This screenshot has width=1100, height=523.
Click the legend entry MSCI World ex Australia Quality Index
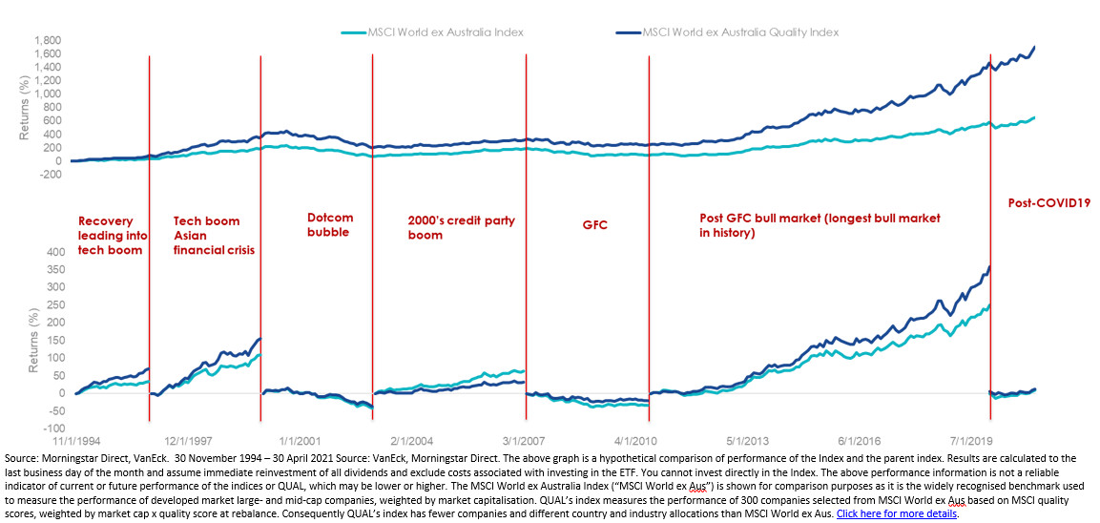(x=741, y=31)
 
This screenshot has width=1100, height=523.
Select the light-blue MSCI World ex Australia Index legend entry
(x=445, y=31)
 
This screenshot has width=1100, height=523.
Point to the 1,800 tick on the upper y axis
(x=47, y=41)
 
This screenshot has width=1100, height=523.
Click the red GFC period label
(x=595, y=226)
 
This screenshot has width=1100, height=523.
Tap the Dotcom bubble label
(x=330, y=224)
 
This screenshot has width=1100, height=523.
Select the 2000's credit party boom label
(x=462, y=227)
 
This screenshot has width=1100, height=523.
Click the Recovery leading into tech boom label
(x=111, y=235)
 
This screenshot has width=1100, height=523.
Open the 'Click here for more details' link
(x=896, y=513)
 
